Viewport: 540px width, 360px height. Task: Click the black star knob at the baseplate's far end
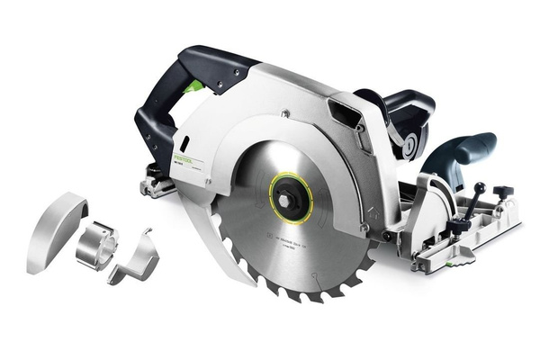click(x=502, y=192)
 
